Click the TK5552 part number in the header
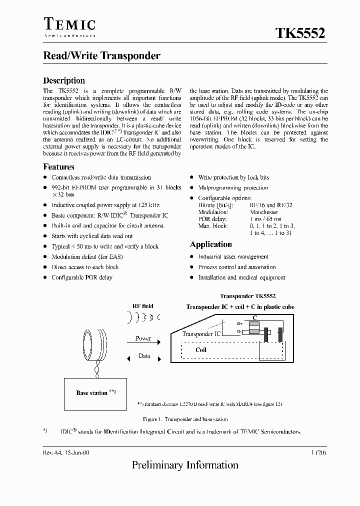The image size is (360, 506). pos(300,33)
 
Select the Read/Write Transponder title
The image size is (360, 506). pos(101,55)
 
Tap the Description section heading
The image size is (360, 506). pos(64,80)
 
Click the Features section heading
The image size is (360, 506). pos(58,167)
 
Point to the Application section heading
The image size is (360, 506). pos(210,244)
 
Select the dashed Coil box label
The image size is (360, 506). pos(201,350)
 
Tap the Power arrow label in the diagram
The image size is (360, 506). pos(143,338)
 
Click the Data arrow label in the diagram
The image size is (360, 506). pos(144,356)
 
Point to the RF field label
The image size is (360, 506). pos(143,306)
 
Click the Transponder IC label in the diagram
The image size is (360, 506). pos(201,333)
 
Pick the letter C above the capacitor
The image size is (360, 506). pos(254,317)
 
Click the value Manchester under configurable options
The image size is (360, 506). pos(264,212)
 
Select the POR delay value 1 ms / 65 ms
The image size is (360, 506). pos(265,219)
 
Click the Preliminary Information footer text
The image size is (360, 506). pos(185,465)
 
